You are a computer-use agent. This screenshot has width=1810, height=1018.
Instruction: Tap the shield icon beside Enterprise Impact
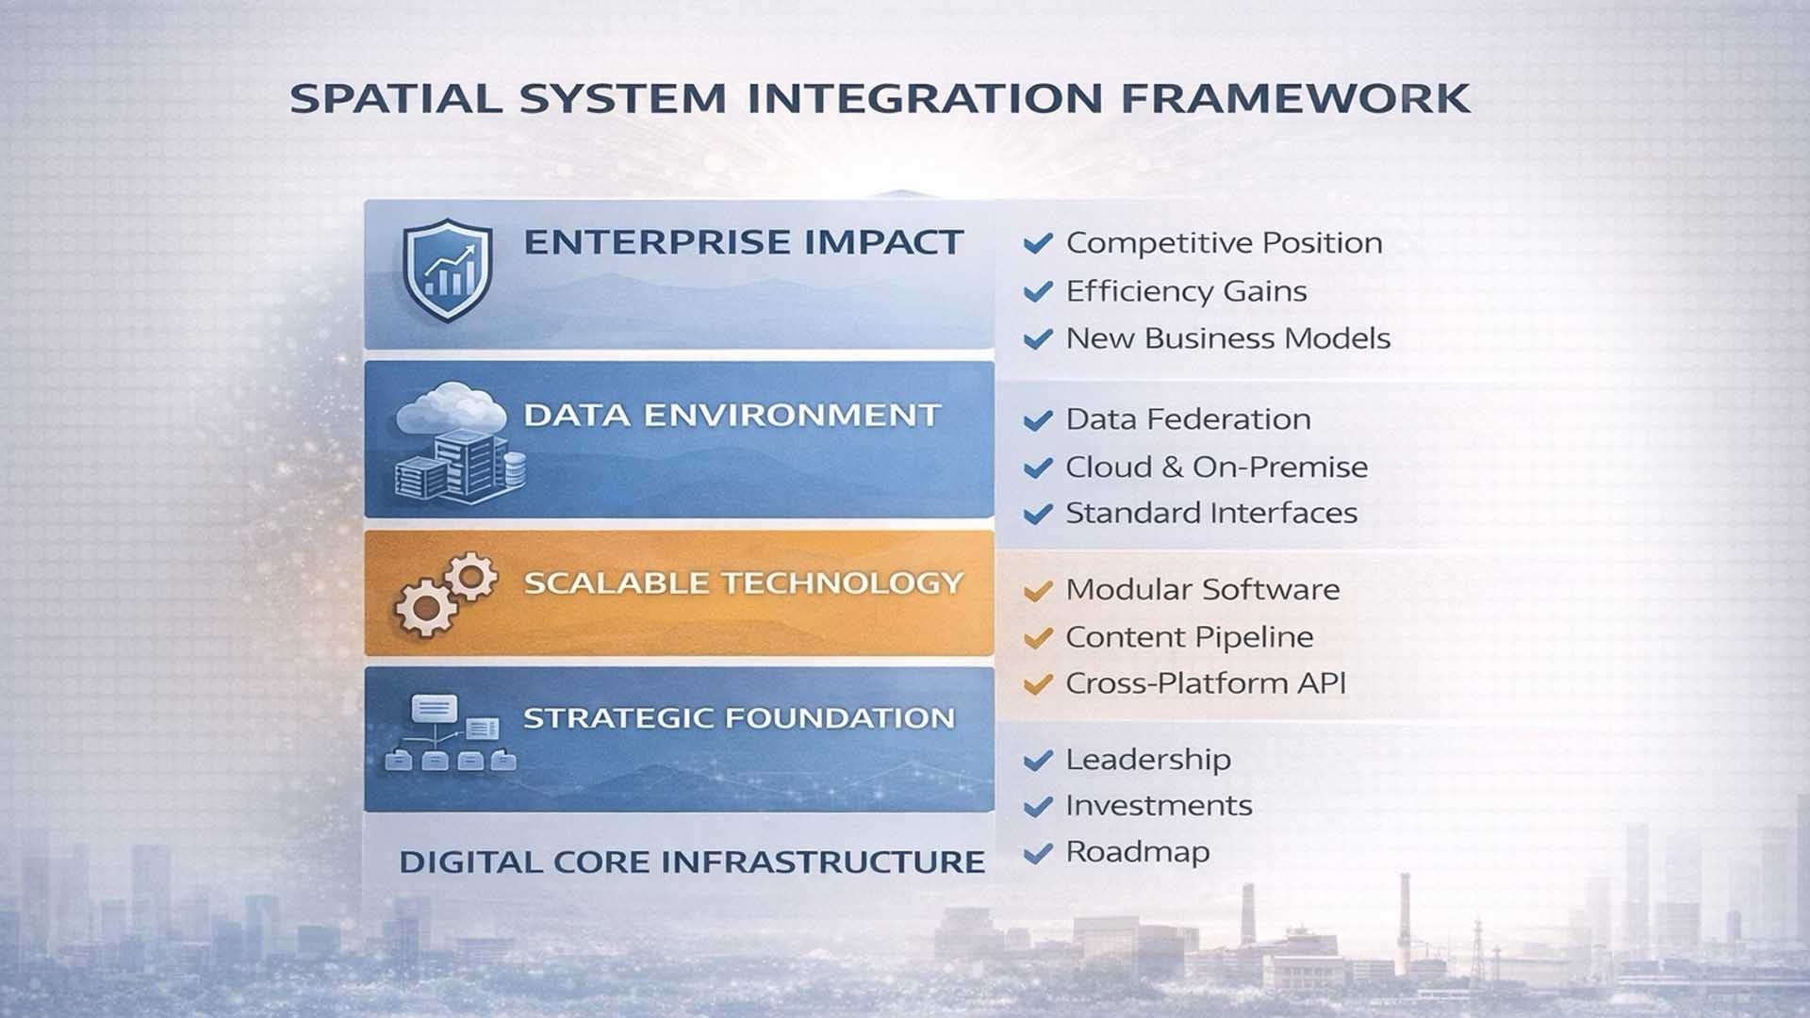(448, 270)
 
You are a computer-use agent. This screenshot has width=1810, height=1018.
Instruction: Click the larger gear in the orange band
(425, 607)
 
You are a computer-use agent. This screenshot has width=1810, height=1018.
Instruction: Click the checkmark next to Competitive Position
(1038, 243)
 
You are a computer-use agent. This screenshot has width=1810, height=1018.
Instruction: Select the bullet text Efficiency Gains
(1186, 291)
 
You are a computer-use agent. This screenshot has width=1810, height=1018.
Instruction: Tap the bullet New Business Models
(1227, 338)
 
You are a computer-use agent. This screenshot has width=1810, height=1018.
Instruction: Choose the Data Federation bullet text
(1188, 419)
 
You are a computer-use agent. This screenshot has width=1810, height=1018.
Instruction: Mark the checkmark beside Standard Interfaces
(1038, 514)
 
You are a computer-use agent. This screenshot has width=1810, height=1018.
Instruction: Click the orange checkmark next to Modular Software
(1038, 591)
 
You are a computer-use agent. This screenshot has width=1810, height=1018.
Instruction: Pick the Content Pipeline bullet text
(1189, 637)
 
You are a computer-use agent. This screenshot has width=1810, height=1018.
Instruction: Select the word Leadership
(1147, 760)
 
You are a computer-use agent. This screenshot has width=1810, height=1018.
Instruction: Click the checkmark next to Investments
(1038, 807)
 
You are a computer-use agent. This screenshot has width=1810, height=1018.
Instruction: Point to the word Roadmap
(1137, 852)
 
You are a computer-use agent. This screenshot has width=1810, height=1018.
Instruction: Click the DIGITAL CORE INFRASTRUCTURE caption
(691, 862)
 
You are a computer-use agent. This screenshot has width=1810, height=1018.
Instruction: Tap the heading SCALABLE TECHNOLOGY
(743, 583)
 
